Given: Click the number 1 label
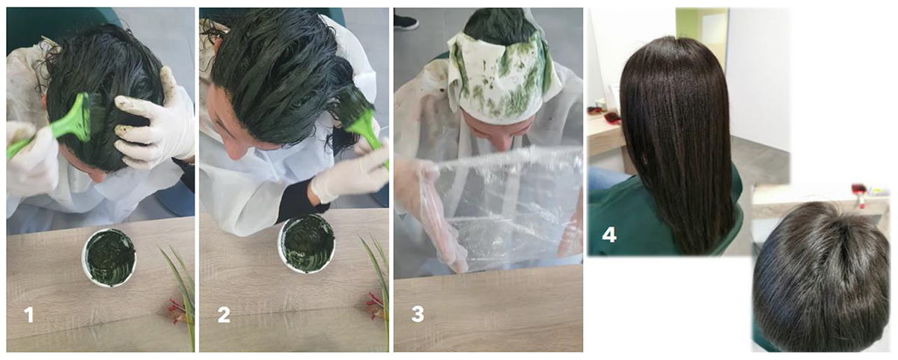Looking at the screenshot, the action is [28, 315].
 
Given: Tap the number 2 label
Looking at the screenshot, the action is [224, 315].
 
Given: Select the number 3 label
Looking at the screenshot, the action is [418, 314].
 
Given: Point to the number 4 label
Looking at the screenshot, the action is [609, 234].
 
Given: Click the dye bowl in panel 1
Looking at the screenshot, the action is [109, 257].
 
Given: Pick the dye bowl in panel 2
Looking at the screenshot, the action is [307, 243].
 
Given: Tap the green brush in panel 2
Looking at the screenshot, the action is [363, 120].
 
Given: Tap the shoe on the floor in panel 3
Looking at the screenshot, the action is [406, 22].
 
